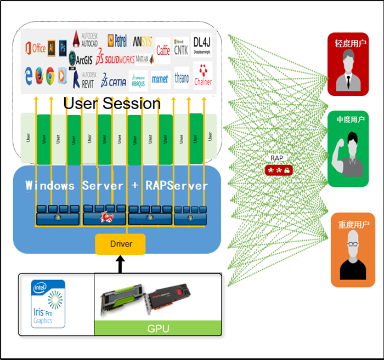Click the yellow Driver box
(121, 244)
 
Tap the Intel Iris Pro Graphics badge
(42, 304)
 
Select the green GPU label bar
(158, 329)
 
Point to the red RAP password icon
(279, 170)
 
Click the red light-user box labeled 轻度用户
(349, 64)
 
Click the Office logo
(35, 48)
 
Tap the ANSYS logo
(143, 42)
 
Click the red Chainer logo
(202, 75)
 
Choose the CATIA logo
(114, 82)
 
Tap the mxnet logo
(160, 79)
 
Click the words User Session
(112, 103)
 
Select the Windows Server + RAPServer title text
(117, 185)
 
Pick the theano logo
(182, 78)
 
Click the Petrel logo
(117, 40)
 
